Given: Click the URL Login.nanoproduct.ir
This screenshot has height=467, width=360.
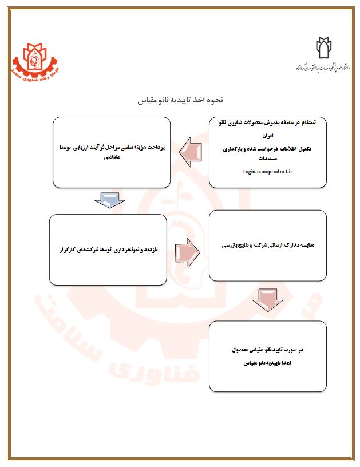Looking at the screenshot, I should [267, 170].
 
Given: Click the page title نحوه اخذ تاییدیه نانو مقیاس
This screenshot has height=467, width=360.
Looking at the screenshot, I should [180, 100].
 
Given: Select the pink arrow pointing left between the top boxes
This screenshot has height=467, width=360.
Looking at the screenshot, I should [189, 151].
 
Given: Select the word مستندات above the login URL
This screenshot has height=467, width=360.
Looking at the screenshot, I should [268, 158].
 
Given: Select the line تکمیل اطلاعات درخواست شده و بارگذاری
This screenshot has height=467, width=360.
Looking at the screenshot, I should [268, 148].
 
